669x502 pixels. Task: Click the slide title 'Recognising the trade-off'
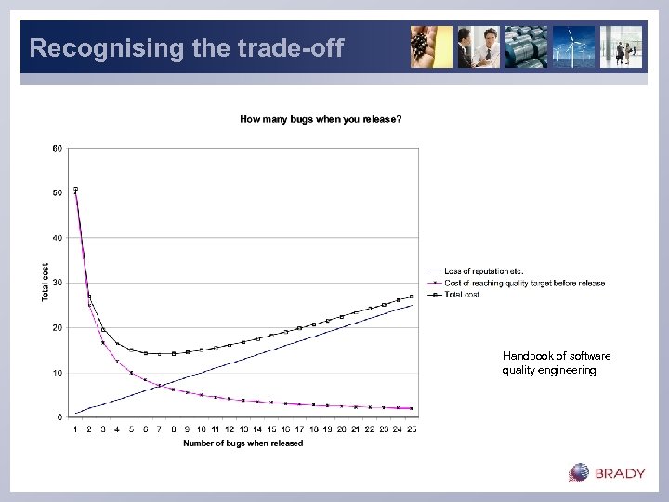[186, 47]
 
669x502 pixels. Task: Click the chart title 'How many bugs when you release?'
[321, 119]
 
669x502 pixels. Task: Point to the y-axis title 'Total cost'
[46, 282]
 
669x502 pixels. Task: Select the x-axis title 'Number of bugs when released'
[243, 443]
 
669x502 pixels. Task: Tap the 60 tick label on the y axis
[58, 148]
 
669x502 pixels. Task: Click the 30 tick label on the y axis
[58, 283]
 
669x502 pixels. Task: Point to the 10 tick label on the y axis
[58, 373]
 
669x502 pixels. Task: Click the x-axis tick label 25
[411, 429]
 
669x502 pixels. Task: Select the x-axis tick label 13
[243, 429]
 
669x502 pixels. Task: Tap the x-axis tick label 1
[75, 429]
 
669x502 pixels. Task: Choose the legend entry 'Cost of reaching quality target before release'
[524, 283]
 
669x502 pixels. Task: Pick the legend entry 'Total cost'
[462, 294]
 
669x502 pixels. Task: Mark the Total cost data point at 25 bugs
[412, 297]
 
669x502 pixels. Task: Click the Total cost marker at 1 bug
[75, 190]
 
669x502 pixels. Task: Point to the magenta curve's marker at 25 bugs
[412, 408]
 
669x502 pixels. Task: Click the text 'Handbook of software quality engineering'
[557, 363]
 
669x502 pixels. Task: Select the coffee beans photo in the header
[431, 46]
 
